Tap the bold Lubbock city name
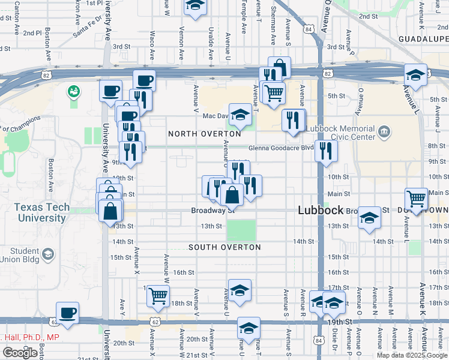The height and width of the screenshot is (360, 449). click(x=321, y=211)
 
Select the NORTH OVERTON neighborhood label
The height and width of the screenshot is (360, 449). click(x=199, y=133)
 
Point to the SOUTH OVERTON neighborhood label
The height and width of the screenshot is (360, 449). click(x=224, y=247)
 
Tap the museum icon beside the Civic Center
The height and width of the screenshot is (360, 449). click(x=384, y=131)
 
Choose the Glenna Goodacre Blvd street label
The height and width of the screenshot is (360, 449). click(x=282, y=148)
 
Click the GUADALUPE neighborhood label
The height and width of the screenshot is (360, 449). click(x=423, y=38)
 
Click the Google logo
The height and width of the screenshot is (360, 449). click(x=20, y=353)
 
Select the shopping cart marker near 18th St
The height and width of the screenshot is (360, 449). click(x=158, y=295)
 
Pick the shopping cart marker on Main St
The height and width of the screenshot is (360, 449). click(x=416, y=198)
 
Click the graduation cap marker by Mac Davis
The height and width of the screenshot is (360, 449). click(x=241, y=115)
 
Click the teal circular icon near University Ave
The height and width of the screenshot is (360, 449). click(x=74, y=92)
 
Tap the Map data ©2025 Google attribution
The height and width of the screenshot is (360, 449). click(x=412, y=355)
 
